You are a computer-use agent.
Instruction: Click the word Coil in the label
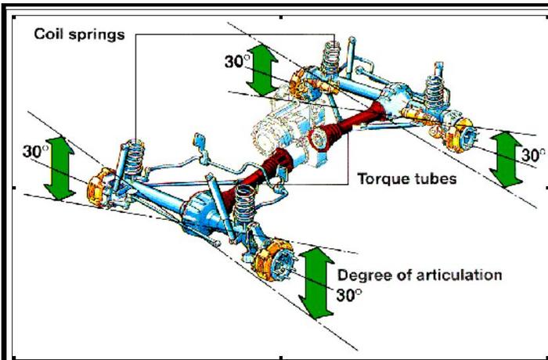tap(49, 35)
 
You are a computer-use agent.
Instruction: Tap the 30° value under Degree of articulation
tap(350, 296)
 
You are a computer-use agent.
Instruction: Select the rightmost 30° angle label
tap(533, 153)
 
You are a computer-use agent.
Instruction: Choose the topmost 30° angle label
tap(236, 61)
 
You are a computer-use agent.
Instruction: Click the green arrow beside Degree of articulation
tap(316, 282)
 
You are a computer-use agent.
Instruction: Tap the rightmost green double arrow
tap(507, 158)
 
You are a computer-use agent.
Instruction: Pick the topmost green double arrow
tap(262, 73)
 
